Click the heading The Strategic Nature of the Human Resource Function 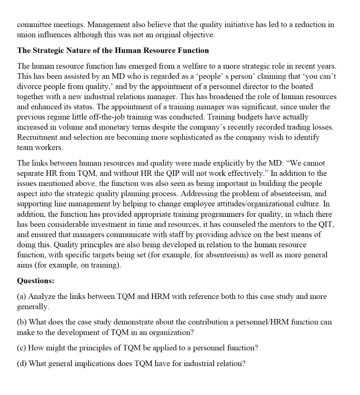(x=113, y=51)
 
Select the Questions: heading (x=35, y=280)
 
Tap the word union (x=26, y=35)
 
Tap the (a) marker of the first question (x=22, y=297)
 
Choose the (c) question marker (x=22, y=348)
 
